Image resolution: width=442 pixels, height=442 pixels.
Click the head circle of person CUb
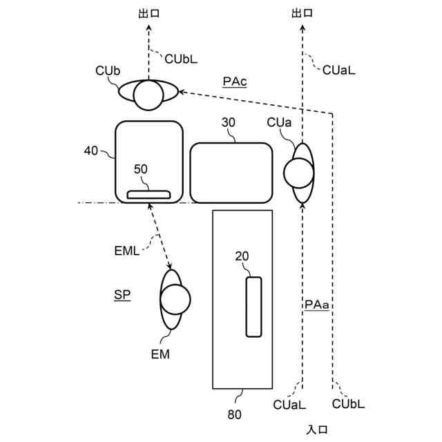click(148, 95)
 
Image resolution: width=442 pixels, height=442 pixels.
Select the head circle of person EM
click(175, 299)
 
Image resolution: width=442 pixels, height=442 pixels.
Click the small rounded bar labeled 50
click(148, 194)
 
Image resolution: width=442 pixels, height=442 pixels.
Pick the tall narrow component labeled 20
click(254, 307)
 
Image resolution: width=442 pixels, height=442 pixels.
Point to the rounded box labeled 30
click(231, 173)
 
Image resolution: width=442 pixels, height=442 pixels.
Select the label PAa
click(316, 304)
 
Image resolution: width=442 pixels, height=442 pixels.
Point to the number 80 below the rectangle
click(234, 415)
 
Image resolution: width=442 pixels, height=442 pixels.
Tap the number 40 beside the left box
click(90, 150)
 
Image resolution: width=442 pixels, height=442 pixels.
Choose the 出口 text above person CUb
click(148, 12)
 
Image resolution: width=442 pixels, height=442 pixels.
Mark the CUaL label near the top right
click(339, 68)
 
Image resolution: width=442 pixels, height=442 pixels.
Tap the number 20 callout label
click(242, 256)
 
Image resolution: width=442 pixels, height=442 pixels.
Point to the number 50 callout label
click(140, 168)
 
